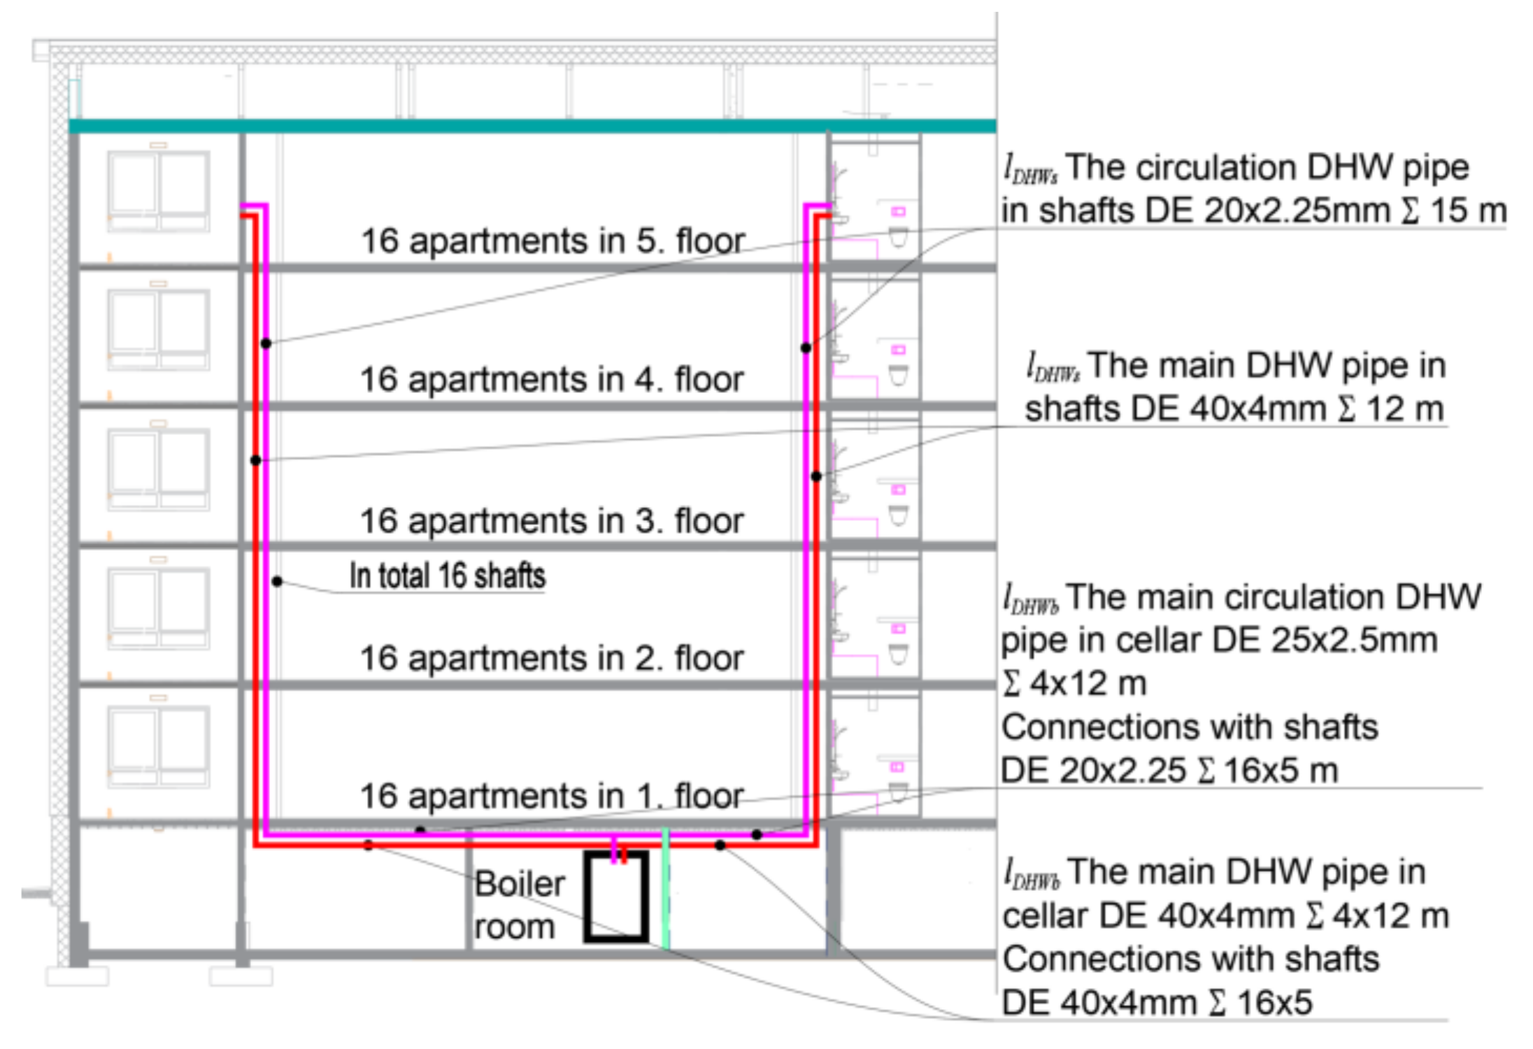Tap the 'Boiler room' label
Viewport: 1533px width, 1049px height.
(x=520, y=906)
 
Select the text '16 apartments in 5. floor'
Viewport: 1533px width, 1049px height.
(x=552, y=241)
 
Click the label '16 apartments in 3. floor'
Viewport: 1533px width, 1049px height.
(x=552, y=521)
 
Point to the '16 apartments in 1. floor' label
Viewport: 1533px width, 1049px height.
(x=552, y=796)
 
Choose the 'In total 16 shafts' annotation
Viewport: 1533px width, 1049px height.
(x=448, y=576)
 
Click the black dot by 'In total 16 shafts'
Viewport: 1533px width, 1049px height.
(x=278, y=581)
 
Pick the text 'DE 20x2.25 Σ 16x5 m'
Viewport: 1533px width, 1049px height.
(x=1170, y=771)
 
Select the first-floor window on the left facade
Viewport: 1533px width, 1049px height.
(x=159, y=747)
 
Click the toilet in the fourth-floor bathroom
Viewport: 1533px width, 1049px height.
(x=899, y=375)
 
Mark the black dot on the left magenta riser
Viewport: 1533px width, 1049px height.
(x=266, y=343)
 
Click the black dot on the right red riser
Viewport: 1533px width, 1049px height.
(x=816, y=476)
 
